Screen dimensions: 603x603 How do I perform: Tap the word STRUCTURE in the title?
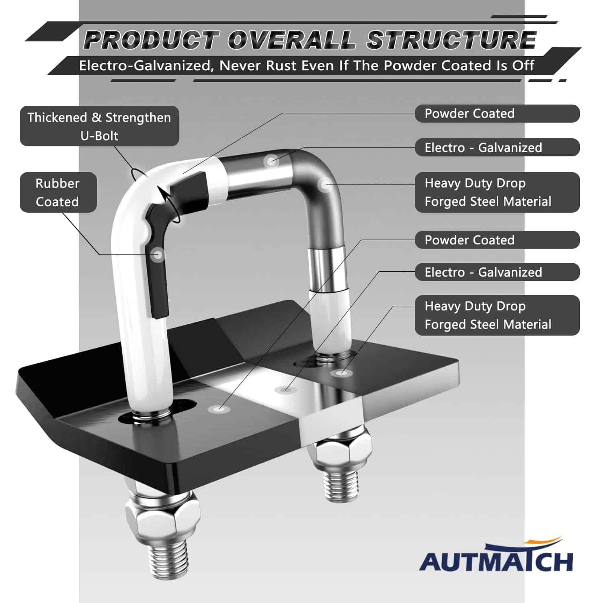click(x=451, y=40)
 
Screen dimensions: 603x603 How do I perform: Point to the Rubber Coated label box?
click(x=58, y=192)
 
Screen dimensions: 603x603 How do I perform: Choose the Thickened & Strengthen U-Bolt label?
click(x=99, y=126)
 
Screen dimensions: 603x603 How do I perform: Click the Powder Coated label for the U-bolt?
click(x=497, y=113)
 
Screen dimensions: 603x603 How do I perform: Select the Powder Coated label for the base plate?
click(x=497, y=240)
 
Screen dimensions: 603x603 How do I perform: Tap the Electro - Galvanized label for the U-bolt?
click(x=497, y=148)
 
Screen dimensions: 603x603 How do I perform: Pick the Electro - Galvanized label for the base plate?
click(x=497, y=272)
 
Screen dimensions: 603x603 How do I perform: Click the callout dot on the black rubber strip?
click(x=158, y=254)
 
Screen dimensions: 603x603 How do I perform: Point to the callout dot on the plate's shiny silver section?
click(x=285, y=389)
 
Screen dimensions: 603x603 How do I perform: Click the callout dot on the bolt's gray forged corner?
click(x=323, y=185)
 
